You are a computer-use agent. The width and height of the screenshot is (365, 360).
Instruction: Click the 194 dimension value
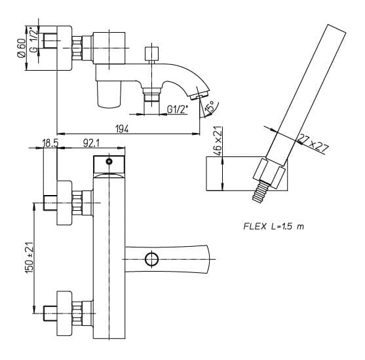tap(122, 128)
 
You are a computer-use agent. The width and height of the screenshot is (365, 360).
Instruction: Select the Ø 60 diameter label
tap(22, 48)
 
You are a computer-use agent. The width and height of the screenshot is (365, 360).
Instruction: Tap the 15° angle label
tap(210, 107)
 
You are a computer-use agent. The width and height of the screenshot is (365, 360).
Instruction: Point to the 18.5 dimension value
tap(50, 143)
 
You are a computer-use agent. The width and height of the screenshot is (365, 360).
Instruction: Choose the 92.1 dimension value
tap(91, 143)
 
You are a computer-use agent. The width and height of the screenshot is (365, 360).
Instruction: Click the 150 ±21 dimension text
tap(30, 258)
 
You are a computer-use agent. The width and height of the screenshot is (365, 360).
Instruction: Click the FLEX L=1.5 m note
tap(273, 226)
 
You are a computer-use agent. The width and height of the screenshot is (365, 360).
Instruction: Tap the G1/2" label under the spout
tap(178, 109)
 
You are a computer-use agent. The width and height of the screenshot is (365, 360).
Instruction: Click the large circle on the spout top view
tap(152, 259)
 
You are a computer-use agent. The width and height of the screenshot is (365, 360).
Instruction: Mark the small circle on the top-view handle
tap(109, 162)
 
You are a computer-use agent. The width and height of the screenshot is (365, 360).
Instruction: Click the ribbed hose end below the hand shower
tap(260, 192)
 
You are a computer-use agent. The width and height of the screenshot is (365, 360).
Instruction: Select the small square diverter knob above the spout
tap(151, 54)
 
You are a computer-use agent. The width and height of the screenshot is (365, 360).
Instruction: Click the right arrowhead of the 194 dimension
tap(196, 134)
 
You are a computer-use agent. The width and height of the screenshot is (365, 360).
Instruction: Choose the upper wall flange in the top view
tap(64, 203)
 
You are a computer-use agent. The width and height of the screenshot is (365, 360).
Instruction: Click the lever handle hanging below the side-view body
tap(109, 94)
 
